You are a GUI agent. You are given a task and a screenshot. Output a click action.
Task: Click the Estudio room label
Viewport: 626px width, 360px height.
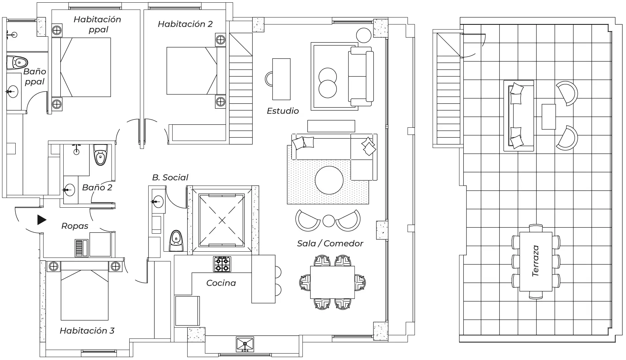(283, 111)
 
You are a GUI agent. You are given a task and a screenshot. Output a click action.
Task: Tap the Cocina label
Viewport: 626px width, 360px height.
(221, 283)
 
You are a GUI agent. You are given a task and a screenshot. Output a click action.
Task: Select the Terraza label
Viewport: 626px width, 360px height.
(535, 261)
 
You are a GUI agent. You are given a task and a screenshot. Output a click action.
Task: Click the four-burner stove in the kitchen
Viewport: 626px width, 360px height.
(222, 264)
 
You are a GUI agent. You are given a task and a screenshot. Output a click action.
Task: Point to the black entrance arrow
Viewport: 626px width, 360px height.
(41, 220)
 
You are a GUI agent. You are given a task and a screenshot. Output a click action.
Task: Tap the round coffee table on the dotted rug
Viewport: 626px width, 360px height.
(329, 180)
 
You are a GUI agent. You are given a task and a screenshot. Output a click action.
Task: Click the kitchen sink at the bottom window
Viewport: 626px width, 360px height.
(245, 345)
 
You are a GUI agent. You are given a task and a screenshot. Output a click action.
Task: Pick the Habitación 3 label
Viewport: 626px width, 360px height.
(87, 331)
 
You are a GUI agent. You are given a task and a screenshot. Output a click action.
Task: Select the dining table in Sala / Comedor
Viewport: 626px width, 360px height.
(332, 282)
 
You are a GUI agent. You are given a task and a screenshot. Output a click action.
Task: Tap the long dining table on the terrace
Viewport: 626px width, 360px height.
(536, 261)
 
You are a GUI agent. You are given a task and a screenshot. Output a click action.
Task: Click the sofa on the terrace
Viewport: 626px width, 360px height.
(518, 116)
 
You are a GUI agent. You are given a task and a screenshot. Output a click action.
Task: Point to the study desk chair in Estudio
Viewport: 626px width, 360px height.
(269, 79)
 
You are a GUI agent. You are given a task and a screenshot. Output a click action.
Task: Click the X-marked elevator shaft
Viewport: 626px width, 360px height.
(222, 220)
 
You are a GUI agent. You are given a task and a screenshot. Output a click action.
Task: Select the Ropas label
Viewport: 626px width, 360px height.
(75, 226)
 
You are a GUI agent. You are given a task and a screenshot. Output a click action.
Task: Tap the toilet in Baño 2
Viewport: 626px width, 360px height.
(100, 155)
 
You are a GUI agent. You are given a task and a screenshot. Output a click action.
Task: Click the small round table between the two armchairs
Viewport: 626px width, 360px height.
(328, 220)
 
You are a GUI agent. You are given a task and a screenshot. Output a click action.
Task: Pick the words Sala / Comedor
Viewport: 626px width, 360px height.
(330, 244)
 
